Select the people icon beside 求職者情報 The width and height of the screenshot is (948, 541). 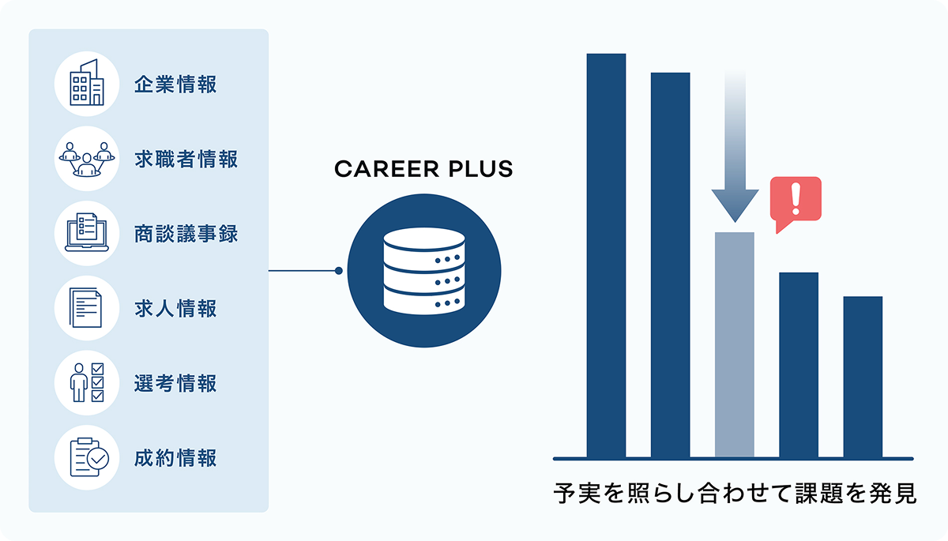(86, 159)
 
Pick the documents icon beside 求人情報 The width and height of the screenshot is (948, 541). (86, 308)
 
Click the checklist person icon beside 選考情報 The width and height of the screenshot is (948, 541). (86, 383)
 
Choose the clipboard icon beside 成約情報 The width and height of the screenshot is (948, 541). (86, 457)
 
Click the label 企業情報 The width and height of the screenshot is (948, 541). (175, 85)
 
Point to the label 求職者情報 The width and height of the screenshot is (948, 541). (186, 159)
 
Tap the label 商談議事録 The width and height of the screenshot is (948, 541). (186, 234)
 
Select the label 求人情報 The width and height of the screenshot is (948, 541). (175, 308)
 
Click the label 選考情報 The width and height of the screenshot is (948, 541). (175, 383)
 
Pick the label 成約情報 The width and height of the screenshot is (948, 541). (175, 457)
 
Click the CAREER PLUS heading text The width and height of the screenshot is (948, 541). (423, 169)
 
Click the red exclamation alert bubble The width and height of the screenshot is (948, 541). (796, 201)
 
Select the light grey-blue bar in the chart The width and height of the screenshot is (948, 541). (734, 344)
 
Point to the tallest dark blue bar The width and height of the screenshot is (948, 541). (606, 255)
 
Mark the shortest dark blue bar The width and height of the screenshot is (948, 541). (863, 377)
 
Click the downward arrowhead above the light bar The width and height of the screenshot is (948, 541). (734, 207)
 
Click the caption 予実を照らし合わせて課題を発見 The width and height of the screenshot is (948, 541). (734, 495)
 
